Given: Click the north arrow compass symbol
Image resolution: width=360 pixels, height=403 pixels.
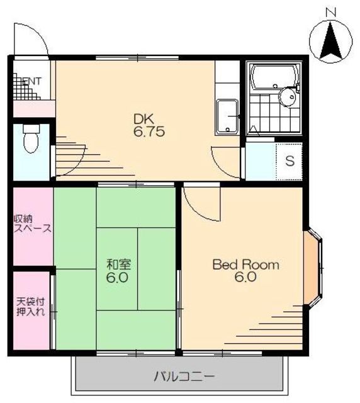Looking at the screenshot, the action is pos(330,40).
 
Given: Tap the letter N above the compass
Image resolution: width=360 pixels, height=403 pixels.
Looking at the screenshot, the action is pos(330,12).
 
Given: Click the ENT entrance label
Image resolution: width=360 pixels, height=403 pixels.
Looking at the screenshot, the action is pos(32,81).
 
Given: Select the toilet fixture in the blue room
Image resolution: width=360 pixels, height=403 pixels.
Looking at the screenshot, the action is pos(31,139).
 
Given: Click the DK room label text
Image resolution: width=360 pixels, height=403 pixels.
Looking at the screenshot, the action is pos(143,119).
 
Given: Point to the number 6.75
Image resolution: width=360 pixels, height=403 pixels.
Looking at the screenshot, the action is pos(149,132).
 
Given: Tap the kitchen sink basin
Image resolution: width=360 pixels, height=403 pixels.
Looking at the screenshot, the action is pos(227,117).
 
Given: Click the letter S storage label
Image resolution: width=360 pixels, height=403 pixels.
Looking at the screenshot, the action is pos(290,161).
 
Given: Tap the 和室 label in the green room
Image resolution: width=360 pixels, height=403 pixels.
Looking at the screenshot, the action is pos(119,264).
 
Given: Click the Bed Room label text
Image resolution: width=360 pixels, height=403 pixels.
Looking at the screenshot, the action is pos(246,264).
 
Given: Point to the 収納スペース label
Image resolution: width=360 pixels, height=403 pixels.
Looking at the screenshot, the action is pos(32,224).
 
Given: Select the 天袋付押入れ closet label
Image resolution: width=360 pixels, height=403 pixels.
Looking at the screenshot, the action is pos(31,307).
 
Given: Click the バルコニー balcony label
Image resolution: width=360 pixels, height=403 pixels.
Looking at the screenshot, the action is pos(184,377).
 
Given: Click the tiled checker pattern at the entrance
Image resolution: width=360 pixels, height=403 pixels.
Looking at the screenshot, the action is pos(25,87).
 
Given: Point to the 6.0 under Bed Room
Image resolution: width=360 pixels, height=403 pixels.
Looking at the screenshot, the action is pos(245,277).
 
